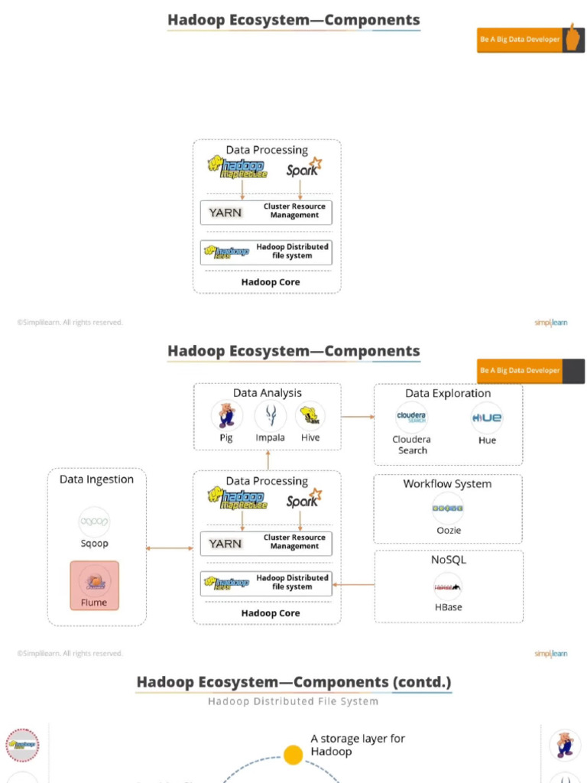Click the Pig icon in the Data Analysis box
click(226, 416)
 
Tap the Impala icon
click(270, 416)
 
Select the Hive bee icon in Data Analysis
click(310, 416)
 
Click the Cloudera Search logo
click(412, 418)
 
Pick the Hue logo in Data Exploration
click(487, 418)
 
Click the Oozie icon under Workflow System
click(448, 508)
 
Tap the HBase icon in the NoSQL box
click(448, 587)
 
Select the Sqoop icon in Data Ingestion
click(95, 521)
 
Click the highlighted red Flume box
click(95, 586)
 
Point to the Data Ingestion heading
click(96, 479)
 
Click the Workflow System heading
click(447, 484)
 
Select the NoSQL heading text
click(448, 560)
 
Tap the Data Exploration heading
click(448, 393)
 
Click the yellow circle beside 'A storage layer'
click(293, 755)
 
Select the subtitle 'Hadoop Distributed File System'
click(293, 701)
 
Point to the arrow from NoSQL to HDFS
click(353, 585)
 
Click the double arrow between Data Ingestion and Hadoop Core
click(169, 548)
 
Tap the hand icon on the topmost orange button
click(573, 37)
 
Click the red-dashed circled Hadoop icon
click(23, 744)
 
